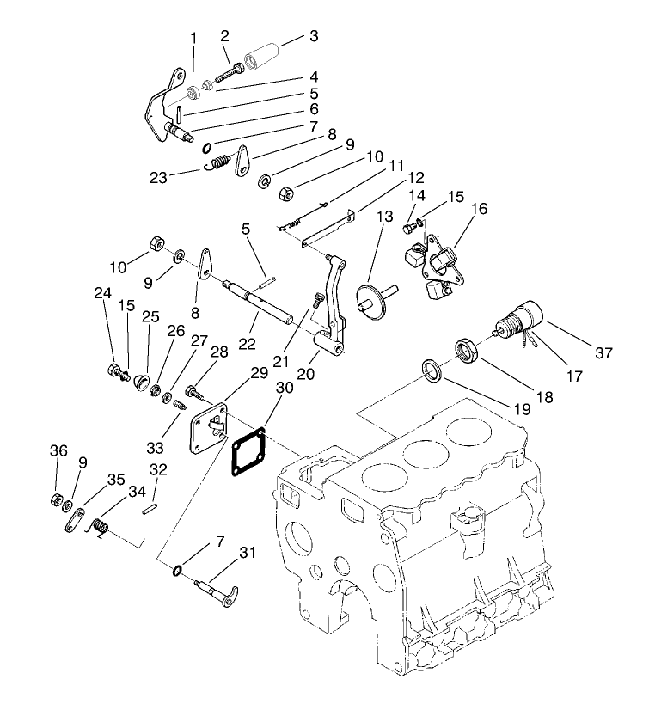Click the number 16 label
(478, 208)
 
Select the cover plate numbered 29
(209, 427)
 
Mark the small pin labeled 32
(149, 511)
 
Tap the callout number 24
(103, 293)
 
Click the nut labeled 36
(54, 500)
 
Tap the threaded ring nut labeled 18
(467, 352)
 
